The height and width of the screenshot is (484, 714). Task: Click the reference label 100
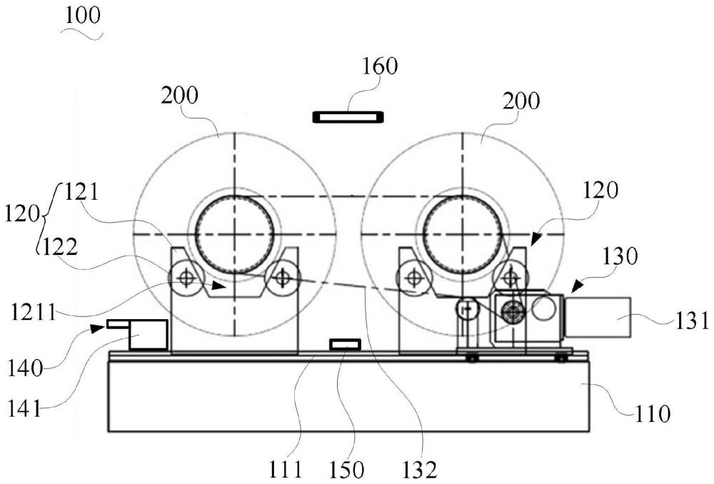coord(82,16)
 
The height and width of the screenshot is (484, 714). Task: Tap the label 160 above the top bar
coord(380,66)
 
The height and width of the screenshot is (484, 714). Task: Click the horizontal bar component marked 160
coord(348,117)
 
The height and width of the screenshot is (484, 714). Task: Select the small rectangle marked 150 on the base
coord(346,345)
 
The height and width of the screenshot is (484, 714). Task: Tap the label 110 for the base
coord(652,414)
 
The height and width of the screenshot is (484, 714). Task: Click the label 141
coord(24,408)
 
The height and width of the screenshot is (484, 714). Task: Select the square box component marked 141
coord(148,335)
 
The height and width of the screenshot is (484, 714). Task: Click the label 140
coord(24,368)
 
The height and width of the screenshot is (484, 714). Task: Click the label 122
coord(60,248)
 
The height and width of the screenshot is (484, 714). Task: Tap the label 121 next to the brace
coord(81,192)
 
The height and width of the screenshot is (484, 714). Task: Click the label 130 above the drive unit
coord(619,257)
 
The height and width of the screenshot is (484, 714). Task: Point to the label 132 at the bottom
coord(419,470)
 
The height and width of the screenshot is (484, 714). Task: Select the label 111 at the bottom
coord(286,470)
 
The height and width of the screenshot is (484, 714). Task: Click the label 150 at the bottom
coord(346,470)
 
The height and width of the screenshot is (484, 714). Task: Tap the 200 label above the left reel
coord(179,96)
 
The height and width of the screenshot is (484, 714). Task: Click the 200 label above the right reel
coord(521,101)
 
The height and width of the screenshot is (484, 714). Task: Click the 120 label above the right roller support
coord(600,190)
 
